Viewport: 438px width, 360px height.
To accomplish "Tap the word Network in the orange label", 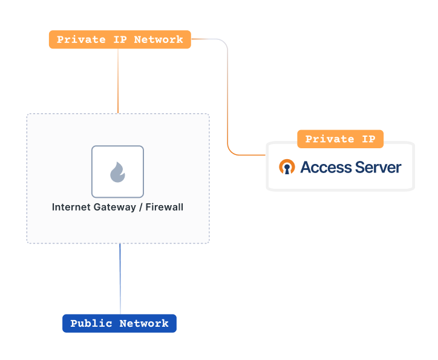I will [x=159, y=40].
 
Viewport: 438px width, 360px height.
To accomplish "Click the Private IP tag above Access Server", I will [x=340, y=139].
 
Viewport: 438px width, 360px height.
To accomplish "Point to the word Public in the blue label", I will [x=91, y=324].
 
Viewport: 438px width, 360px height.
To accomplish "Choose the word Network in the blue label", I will [x=144, y=324].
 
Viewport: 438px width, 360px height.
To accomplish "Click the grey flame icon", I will [x=117, y=172].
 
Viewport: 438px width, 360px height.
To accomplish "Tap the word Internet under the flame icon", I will [x=71, y=208].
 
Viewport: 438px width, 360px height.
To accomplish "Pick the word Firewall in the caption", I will [x=164, y=208].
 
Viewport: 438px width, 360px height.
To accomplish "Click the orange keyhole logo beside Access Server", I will [x=287, y=167].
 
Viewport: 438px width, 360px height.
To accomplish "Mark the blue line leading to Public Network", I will [x=120, y=278].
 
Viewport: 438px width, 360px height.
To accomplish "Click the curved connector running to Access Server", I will [x=228, y=97].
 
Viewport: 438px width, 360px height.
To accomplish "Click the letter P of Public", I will [x=74, y=324].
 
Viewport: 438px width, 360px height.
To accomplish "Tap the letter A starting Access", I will [x=306, y=167].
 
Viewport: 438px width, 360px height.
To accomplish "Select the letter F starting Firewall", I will [x=148, y=208].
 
